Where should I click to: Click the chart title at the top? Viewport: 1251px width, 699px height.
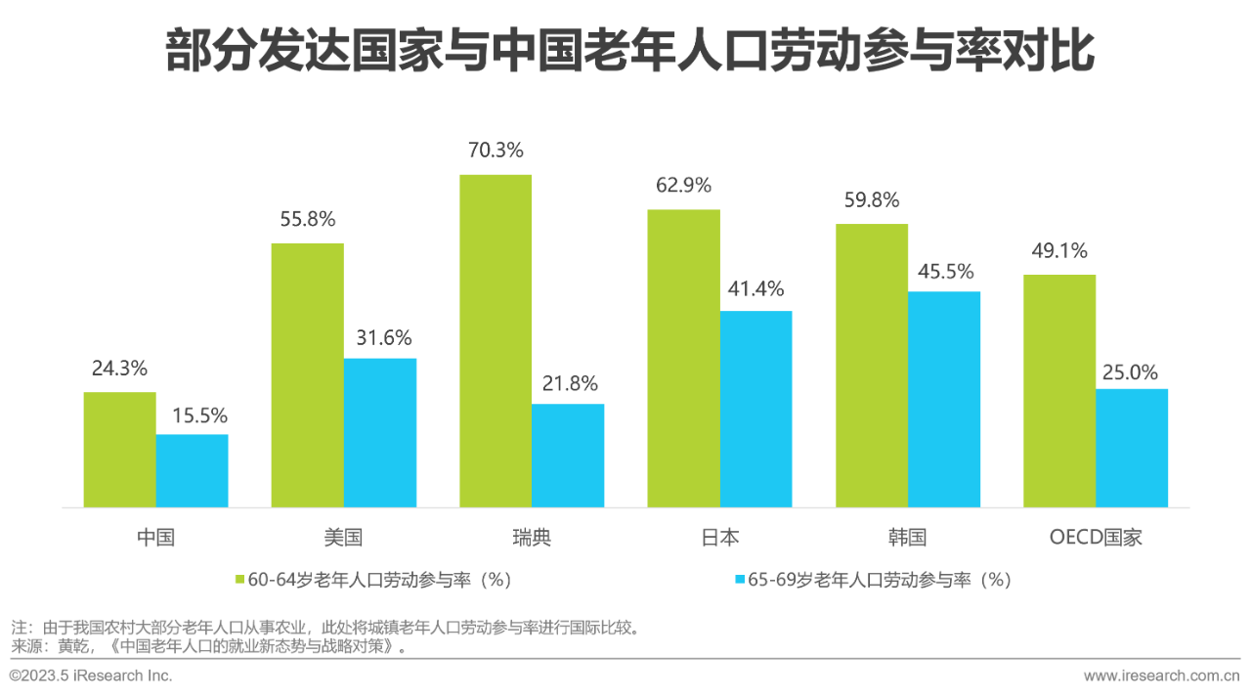pyautogui.click(x=629, y=52)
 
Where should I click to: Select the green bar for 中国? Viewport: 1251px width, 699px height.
pyautogui.click(x=119, y=450)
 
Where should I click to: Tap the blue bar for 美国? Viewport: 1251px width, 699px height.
pyautogui.click(x=380, y=432)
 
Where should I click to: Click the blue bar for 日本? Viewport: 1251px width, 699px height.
pyautogui.click(x=755, y=409)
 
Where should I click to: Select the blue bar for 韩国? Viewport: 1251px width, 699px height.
pyautogui.click(x=944, y=399)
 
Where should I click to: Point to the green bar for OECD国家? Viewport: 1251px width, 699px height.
pyautogui.click(x=1059, y=390)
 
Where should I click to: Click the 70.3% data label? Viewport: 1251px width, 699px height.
pyautogui.click(x=496, y=151)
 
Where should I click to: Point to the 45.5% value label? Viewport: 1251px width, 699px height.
pyautogui.click(x=944, y=271)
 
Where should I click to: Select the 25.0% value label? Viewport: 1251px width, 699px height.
pyautogui.click(x=1131, y=371)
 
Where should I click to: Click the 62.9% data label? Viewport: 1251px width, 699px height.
pyautogui.click(x=683, y=186)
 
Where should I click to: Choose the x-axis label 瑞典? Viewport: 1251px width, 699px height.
pyautogui.click(x=532, y=538)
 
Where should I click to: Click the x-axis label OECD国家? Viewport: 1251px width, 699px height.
pyautogui.click(x=1095, y=538)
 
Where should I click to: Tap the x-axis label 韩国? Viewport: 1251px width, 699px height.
pyautogui.click(x=907, y=538)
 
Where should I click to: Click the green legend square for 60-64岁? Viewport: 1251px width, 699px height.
pyautogui.click(x=240, y=580)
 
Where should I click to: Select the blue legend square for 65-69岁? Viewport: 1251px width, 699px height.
pyautogui.click(x=740, y=580)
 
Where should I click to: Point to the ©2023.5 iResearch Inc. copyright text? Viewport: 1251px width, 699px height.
pyautogui.click(x=91, y=676)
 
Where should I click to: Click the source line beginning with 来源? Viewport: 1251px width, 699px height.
pyautogui.click(x=207, y=646)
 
